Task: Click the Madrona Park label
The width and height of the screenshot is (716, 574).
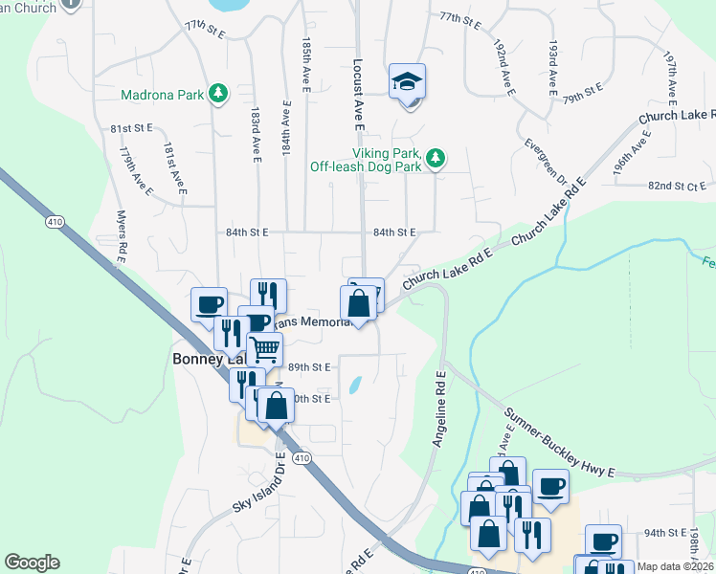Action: pos(164,95)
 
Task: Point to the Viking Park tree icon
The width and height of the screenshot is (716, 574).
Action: pos(436,157)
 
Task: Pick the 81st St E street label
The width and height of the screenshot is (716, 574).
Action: pos(132,127)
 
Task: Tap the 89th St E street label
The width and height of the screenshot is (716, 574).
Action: pos(308,366)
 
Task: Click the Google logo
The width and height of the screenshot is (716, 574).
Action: pos(32,563)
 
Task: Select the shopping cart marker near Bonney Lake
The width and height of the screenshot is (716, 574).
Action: pos(265,349)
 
